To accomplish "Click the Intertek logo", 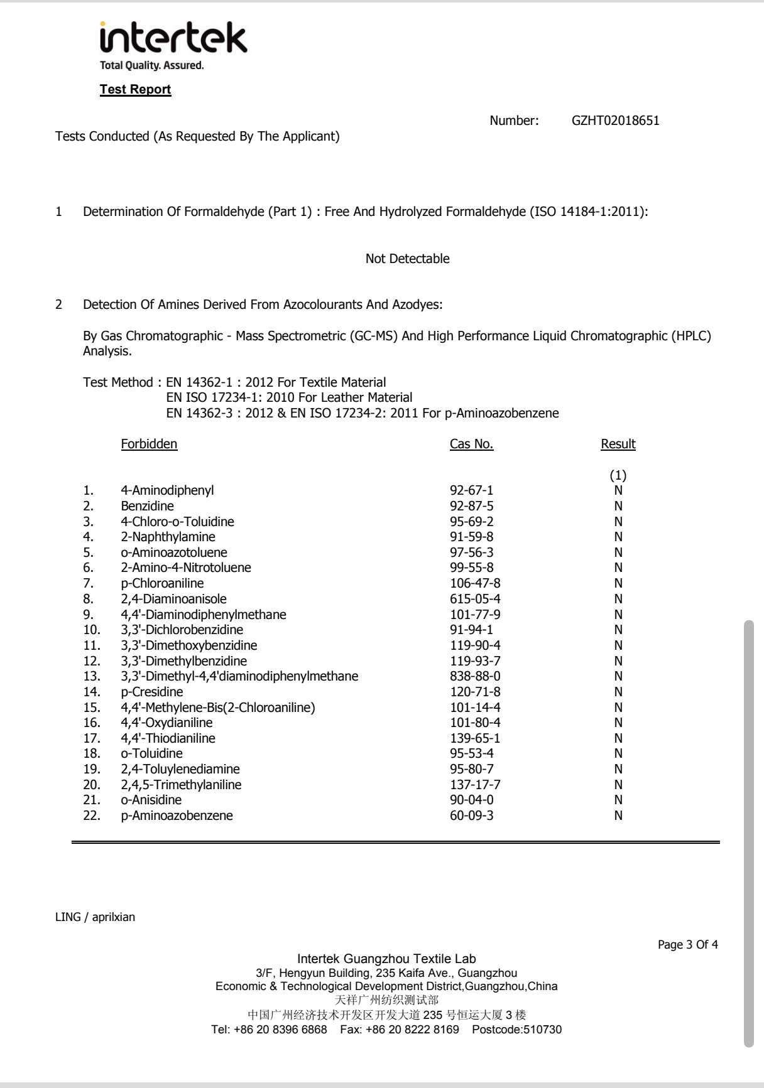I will point(173,40).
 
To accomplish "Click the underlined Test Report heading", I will point(135,89).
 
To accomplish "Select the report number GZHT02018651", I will point(615,121).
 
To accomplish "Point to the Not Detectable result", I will point(407,259).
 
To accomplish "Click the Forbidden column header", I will point(149,444).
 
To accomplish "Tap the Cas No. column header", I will point(471,444).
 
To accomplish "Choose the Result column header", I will point(618,444).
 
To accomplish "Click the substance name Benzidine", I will point(147,506).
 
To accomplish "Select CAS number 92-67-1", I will point(471,490).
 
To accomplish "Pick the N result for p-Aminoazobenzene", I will point(618,816).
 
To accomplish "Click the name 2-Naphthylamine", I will point(168,537).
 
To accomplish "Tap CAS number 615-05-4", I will point(475,599).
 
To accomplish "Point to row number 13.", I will point(92,676).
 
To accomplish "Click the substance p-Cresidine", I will point(152,692).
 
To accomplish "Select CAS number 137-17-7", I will point(475,785).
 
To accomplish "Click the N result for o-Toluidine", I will point(618,753).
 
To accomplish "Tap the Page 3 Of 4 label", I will point(687,945).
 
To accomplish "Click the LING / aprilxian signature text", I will point(95,917).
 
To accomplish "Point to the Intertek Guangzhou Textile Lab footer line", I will point(386,959).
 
